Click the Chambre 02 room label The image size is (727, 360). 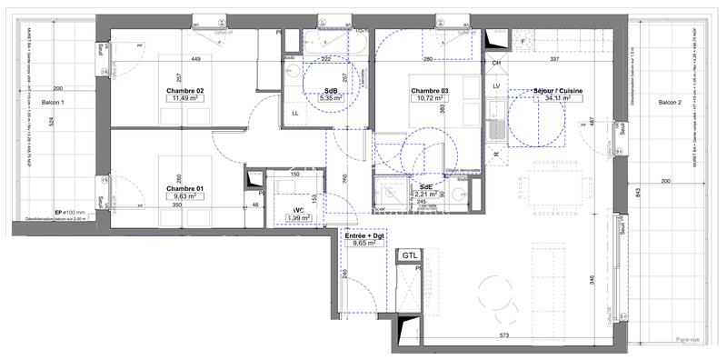[184, 91]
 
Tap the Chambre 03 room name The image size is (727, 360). [430, 91]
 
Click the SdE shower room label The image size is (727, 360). [426, 185]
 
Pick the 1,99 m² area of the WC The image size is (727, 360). [296, 217]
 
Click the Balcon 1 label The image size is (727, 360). [54, 104]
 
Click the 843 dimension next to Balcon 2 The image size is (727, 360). [639, 191]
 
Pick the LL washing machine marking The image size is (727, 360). [295, 113]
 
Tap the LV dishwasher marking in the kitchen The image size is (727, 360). [496, 85]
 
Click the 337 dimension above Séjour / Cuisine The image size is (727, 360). [553, 60]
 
